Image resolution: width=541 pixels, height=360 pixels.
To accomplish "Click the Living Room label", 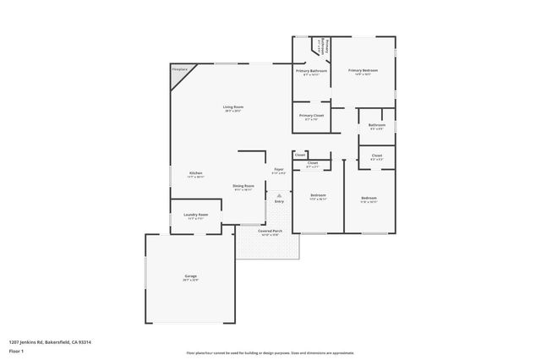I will pyautogui.click(x=233, y=106).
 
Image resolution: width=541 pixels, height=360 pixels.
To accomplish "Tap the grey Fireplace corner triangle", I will pyautogui.click(x=178, y=74).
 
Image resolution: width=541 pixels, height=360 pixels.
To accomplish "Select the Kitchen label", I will pyautogui.click(x=195, y=173).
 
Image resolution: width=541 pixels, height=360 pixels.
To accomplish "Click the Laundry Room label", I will pyautogui.click(x=195, y=215).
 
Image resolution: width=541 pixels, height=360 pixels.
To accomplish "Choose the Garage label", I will pyautogui.click(x=191, y=276).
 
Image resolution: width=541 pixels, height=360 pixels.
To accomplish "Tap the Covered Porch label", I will pyautogui.click(x=270, y=231).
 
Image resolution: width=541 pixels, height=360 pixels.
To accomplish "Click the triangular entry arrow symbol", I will pyautogui.click(x=279, y=195).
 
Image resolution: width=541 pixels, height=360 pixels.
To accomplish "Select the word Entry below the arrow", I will pyautogui.click(x=279, y=201).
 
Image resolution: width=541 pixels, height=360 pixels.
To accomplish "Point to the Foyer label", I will pyautogui.click(x=278, y=169).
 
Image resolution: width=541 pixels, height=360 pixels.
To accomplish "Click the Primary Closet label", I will pyautogui.click(x=312, y=115).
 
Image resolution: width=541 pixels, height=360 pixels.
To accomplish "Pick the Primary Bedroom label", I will pyautogui.click(x=363, y=70).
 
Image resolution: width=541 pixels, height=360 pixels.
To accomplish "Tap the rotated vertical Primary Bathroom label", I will pyautogui.click(x=327, y=46).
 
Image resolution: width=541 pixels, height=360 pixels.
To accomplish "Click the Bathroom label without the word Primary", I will pyautogui.click(x=377, y=125).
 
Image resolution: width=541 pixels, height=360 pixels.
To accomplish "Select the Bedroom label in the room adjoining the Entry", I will pyautogui.click(x=318, y=195).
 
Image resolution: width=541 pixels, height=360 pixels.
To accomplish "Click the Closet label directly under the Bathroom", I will pyautogui.click(x=377, y=155).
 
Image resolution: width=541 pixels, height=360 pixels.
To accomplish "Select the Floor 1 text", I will pyautogui.click(x=15, y=350).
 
